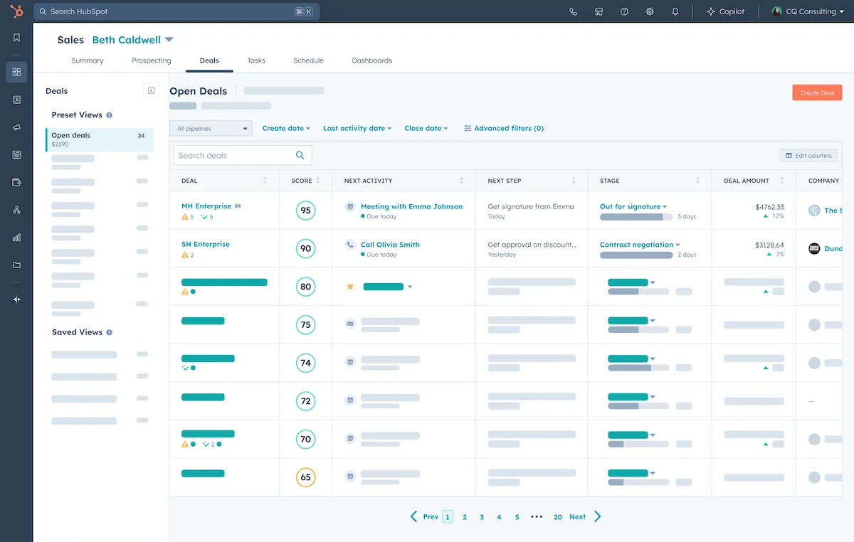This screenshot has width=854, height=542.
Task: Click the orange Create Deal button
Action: pyautogui.click(x=816, y=92)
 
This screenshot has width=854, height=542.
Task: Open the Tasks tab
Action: pyautogui.click(x=256, y=60)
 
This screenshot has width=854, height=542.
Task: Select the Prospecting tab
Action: pyautogui.click(x=151, y=60)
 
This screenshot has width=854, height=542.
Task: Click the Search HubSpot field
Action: pyautogui.click(x=171, y=11)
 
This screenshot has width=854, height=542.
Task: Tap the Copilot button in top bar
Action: pyautogui.click(x=725, y=11)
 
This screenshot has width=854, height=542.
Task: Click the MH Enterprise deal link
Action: pyautogui.click(x=206, y=206)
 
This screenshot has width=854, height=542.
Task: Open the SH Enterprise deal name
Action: pyautogui.click(x=206, y=244)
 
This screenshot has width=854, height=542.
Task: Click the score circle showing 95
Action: pyautogui.click(x=305, y=211)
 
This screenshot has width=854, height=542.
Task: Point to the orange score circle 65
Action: pyautogui.click(x=305, y=477)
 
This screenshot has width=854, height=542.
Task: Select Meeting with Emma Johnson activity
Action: pyautogui.click(x=411, y=206)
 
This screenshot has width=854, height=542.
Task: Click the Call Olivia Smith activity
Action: pyautogui.click(x=390, y=244)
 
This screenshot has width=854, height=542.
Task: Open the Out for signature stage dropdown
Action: pyautogui.click(x=633, y=206)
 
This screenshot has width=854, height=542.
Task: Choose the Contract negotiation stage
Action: pyautogui.click(x=639, y=244)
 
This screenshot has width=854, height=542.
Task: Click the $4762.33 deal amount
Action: pyautogui.click(x=769, y=206)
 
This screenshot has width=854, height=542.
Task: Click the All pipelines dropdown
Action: pyautogui.click(x=211, y=128)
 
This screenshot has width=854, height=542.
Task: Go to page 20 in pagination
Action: pyautogui.click(x=557, y=517)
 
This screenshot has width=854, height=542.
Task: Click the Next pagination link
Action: pyautogui.click(x=578, y=517)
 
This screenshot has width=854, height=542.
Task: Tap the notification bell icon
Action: pyautogui.click(x=675, y=11)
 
